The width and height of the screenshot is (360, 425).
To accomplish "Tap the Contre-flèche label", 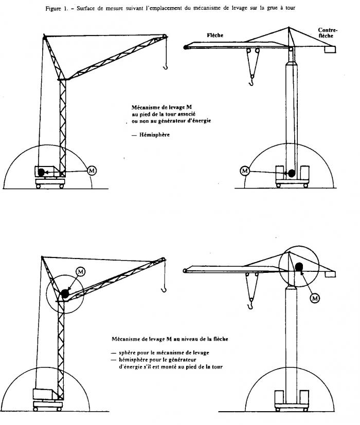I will tap(328, 33).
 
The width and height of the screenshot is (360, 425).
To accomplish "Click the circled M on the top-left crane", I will tap(92, 170).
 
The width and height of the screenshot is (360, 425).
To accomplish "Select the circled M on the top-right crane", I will tap(245, 171).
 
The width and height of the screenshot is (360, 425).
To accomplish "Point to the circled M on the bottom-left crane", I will tap(80, 270).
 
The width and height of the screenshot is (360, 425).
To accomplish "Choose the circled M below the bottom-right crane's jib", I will tap(315, 297).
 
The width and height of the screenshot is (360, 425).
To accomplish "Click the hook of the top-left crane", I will tap(165, 65).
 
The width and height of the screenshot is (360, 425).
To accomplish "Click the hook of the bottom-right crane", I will tap(250, 307).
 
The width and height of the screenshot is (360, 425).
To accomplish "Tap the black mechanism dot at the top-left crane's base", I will tap(41, 173).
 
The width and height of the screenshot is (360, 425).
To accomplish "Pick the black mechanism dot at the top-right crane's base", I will tap(292, 173).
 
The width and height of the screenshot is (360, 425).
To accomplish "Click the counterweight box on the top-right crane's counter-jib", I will tap(329, 50).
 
